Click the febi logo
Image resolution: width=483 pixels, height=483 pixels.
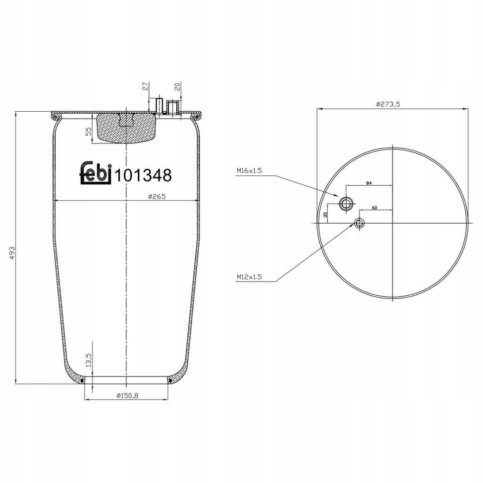(95, 173)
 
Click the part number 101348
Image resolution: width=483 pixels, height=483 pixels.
(143, 175)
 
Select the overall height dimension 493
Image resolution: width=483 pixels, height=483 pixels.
(12, 253)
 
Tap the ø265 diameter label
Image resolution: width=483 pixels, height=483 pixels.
(157, 197)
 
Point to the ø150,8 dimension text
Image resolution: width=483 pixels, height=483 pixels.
(127, 396)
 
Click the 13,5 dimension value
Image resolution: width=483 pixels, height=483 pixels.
(88, 360)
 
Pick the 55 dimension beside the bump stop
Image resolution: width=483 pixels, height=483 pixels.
(88, 132)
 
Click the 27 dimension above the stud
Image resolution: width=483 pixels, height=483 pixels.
(145, 86)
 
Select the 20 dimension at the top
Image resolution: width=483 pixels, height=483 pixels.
(177, 87)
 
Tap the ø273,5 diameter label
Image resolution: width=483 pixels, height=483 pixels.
(388, 104)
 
